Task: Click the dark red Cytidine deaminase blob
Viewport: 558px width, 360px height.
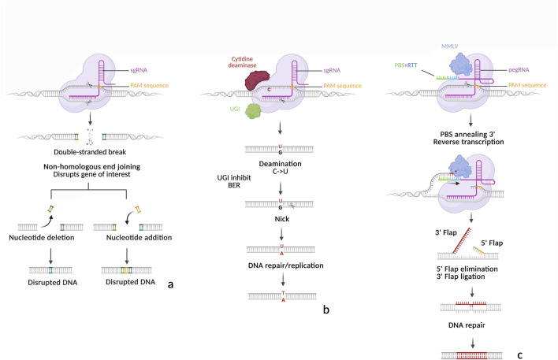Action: click(x=257, y=80)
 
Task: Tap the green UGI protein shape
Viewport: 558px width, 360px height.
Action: click(x=253, y=111)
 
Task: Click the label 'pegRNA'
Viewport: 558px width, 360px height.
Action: click(x=519, y=70)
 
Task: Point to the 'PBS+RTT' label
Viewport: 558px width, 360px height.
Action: click(x=406, y=65)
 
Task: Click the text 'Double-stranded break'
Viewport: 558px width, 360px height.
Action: click(x=90, y=152)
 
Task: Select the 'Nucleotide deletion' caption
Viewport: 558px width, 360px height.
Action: click(x=42, y=237)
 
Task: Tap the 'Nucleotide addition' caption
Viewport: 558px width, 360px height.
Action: click(x=139, y=237)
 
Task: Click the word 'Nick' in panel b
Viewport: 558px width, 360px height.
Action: click(x=282, y=219)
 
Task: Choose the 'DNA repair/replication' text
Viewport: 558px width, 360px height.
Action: click(x=286, y=265)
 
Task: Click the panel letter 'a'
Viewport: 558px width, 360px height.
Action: click(x=170, y=284)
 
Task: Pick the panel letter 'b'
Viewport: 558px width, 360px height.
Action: click(x=326, y=310)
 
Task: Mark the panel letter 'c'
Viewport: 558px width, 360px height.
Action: click(x=520, y=355)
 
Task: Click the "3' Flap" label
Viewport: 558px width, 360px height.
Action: click(x=446, y=232)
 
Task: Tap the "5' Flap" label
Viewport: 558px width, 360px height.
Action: click(x=492, y=243)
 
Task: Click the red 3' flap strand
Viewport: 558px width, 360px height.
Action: click(x=462, y=241)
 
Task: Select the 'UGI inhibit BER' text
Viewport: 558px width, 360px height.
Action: click(x=234, y=181)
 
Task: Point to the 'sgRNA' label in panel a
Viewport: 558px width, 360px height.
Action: click(x=139, y=70)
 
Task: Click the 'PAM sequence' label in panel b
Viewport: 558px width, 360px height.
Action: click(x=342, y=86)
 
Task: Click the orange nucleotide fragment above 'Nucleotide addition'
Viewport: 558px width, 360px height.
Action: click(x=138, y=210)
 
